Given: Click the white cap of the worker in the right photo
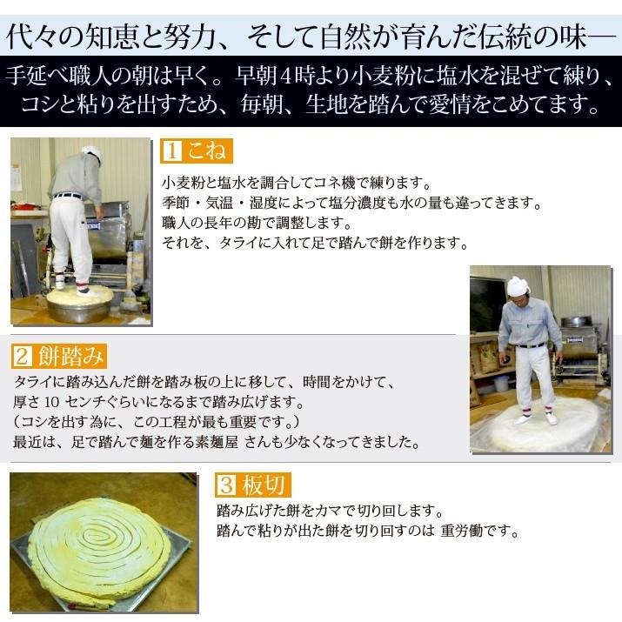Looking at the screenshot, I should pos(518,286).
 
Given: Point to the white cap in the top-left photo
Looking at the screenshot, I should pos(91,154).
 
